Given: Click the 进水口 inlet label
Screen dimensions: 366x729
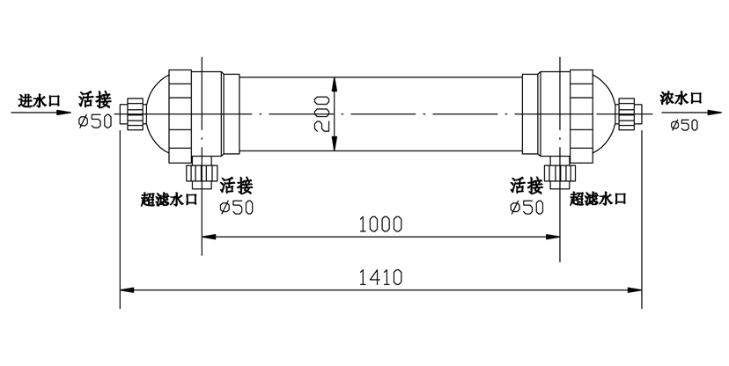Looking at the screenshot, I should click(x=39, y=100).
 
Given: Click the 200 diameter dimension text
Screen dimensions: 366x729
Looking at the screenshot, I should click(x=321, y=114).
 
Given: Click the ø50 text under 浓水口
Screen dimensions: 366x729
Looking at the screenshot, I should click(x=684, y=125).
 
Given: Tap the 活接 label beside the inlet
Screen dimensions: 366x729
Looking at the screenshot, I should click(x=94, y=100).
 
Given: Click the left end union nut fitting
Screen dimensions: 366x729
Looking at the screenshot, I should click(x=131, y=114).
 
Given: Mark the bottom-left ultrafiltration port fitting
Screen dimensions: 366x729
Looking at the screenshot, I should click(x=202, y=174).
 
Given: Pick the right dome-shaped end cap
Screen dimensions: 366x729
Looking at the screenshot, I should click(x=606, y=114).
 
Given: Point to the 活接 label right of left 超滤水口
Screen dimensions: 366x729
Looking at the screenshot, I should click(x=236, y=186).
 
